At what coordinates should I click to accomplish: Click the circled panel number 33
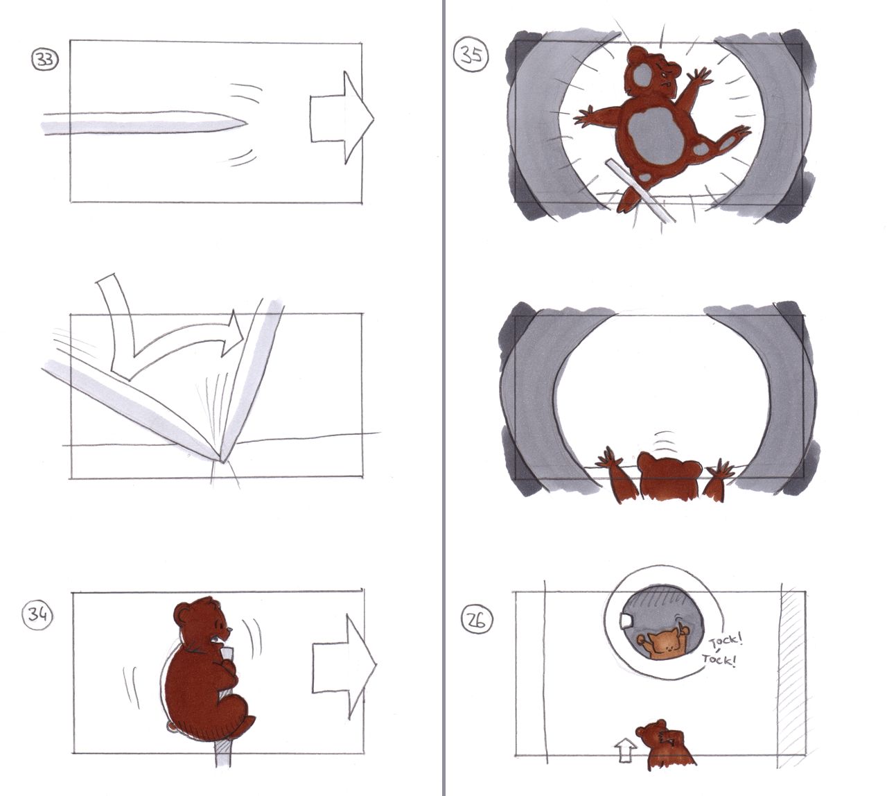pos(44,59)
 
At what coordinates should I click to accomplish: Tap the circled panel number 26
pos(477,619)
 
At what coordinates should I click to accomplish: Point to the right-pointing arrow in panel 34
pos(344,666)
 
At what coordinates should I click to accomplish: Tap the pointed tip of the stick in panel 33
pos(247,123)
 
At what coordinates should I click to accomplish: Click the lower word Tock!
pos(719,659)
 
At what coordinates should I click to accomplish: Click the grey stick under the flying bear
pos(639,191)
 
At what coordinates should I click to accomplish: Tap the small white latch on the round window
pos(626,621)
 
